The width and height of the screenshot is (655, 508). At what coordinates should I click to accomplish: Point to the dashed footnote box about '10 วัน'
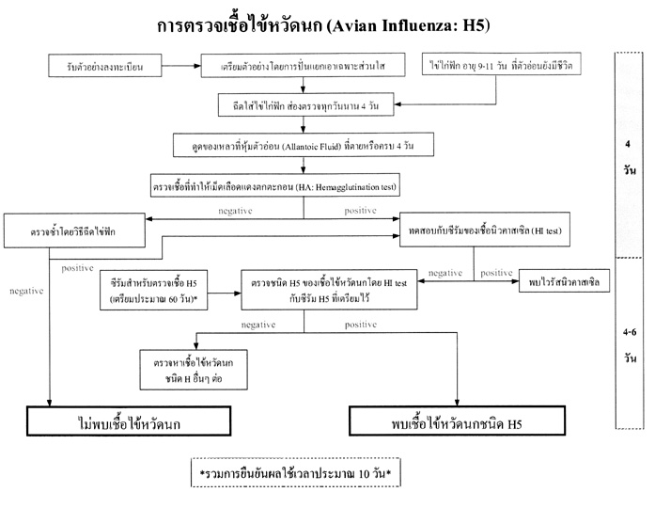tap(294, 473)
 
